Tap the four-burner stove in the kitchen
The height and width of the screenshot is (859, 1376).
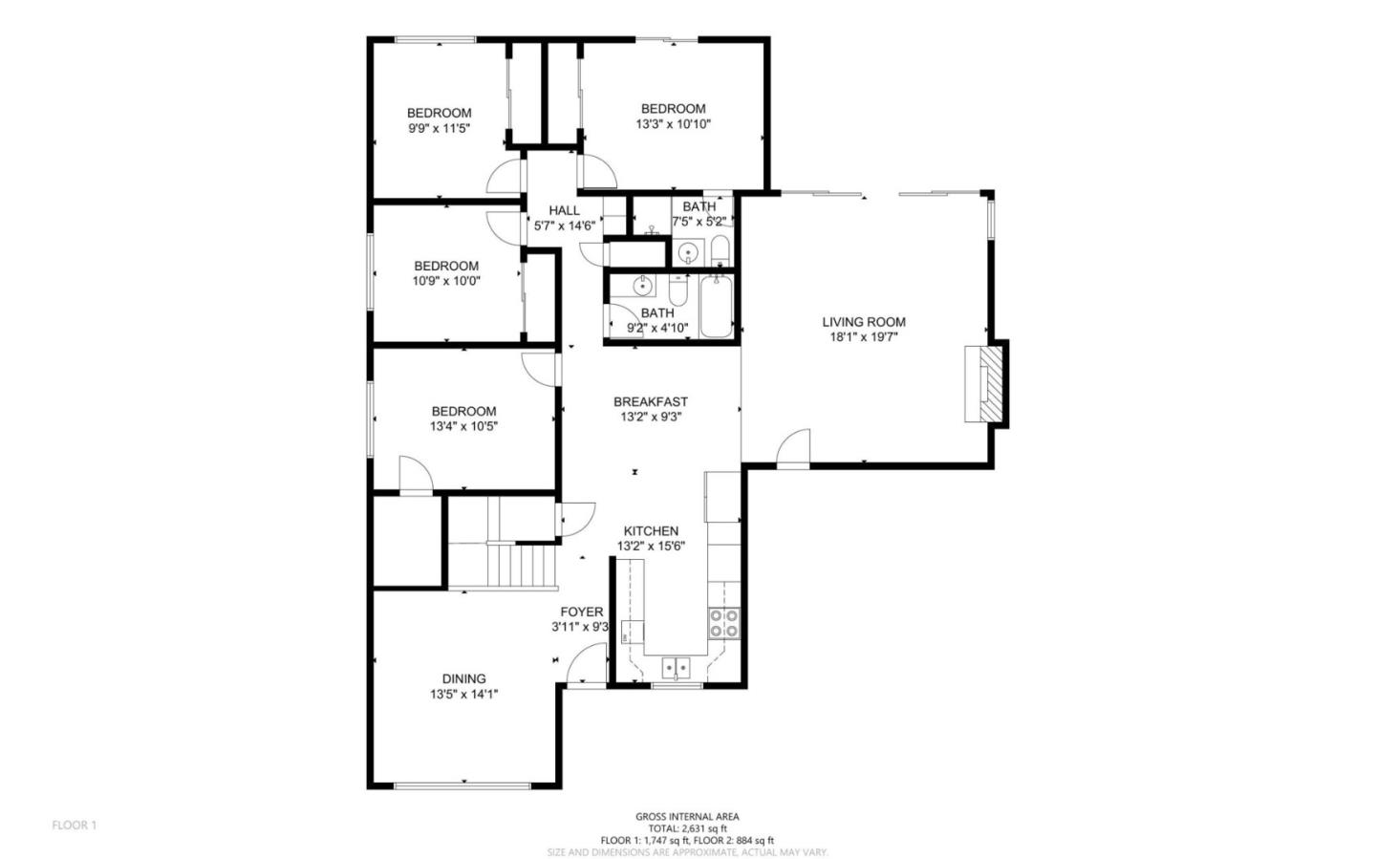click(723, 623)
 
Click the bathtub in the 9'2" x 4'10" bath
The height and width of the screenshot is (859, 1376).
click(716, 307)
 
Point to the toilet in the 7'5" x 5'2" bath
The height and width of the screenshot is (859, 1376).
click(720, 253)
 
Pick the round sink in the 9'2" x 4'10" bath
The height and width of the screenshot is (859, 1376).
click(643, 284)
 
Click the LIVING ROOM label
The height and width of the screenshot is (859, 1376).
click(864, 322)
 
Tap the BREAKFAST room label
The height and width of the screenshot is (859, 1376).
click(650, 402)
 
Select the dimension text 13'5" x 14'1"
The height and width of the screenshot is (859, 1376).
click(463, 695)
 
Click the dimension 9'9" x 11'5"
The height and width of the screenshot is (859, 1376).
click(440, 128)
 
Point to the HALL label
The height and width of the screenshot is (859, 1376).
click(564, 210)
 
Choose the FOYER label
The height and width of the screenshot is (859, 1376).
click(581, 612)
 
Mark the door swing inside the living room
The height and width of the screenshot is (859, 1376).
click(793, 450)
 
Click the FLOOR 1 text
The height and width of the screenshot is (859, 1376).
click(75, 825)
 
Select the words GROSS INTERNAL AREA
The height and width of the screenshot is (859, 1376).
click(687, 817)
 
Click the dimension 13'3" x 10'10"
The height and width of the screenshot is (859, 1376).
click(673, 124)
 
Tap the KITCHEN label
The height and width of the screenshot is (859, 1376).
click(651, 531)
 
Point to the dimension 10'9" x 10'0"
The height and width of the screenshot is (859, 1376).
click(446, 282)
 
